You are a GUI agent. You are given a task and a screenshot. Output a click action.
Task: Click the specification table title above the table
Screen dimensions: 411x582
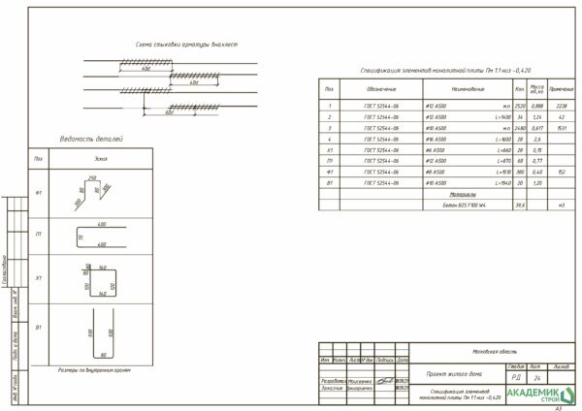(431, 72)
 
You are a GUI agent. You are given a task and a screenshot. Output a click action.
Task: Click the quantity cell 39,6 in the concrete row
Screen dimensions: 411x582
(520, 205)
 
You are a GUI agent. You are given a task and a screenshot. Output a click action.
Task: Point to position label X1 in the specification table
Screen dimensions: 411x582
(331, 150)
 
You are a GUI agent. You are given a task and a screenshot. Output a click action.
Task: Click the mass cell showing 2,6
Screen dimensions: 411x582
(537, 139)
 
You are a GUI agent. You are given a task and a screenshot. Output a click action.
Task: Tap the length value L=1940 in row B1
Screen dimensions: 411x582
(501, 182)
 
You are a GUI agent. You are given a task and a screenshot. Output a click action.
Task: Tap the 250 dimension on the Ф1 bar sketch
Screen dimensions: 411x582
(93, 177)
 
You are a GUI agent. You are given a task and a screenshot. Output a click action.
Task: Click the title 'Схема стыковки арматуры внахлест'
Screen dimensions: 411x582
(187, 45)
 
